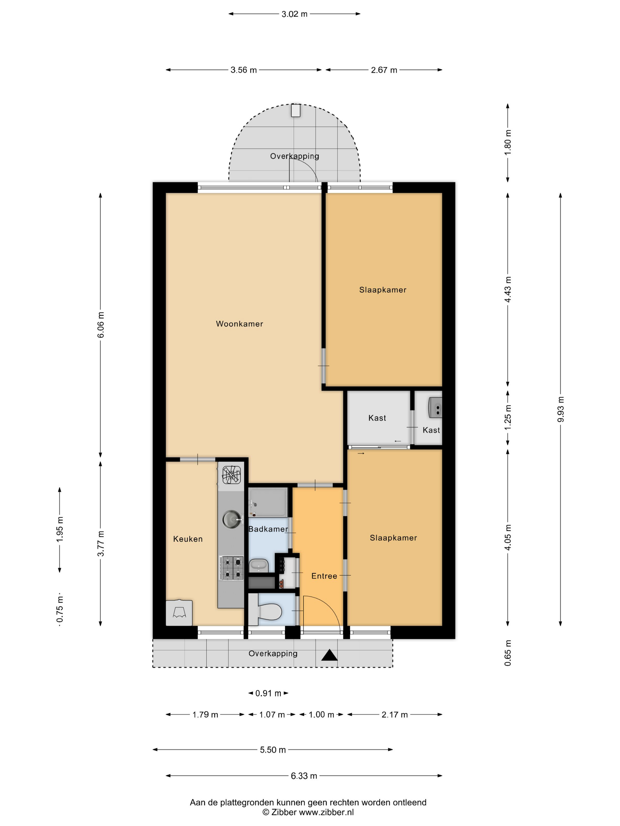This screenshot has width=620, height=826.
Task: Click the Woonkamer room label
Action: click(x=239, y=324)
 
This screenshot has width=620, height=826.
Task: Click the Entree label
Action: click(x=324, y=576)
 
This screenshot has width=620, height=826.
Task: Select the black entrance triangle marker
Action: click(x=329, y=655)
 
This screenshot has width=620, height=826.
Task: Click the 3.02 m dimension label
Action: click(x=294, y=14)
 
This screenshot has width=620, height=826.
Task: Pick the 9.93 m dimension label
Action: click(x=560, y=409)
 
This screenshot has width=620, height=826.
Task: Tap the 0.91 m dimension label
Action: click(x=268, y=694)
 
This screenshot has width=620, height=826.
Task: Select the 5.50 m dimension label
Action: click(x=273, y=750)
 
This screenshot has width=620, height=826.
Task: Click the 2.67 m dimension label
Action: click(x=384, y=70)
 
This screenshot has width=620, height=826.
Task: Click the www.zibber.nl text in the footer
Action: click(x=326, y=812)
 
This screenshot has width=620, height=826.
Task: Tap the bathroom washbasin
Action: click(x=258, y=565)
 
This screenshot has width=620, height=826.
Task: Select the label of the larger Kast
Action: click(x=377, y=418)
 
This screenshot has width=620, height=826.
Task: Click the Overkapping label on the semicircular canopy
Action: click(x=294, y=156)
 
